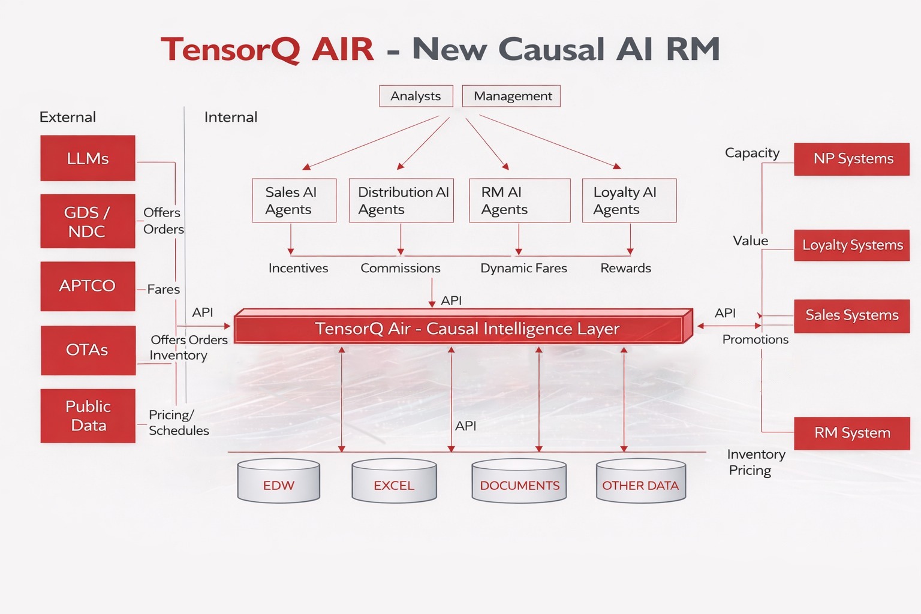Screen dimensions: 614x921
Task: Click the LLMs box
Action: tap(88, 158)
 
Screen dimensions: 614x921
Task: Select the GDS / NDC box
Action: tap(88, 221)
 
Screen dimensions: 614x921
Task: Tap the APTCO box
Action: tap(88, 286)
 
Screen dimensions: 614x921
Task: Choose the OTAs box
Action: tap(88, 350)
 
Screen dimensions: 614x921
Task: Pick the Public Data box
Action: tap(88, 416)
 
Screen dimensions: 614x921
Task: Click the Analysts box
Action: tap(416, 96)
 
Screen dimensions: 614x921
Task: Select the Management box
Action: tap(511, 96)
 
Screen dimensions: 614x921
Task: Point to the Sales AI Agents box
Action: tap(294, 200)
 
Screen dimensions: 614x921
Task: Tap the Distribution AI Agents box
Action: tap(401, 200)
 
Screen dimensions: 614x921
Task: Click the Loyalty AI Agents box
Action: tap(629, 200)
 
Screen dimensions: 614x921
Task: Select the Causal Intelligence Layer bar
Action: tap(463, 329)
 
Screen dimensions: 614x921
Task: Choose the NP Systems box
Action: tap(851, 159)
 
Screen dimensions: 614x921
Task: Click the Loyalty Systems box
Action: tap(851, 245)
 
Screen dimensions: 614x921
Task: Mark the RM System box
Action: tap(851, 433)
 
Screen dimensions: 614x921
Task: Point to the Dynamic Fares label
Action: tap(523, 268)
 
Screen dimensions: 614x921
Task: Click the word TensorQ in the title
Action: tap(230, 49)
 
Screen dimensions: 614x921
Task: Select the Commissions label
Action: tap(401, 268)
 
